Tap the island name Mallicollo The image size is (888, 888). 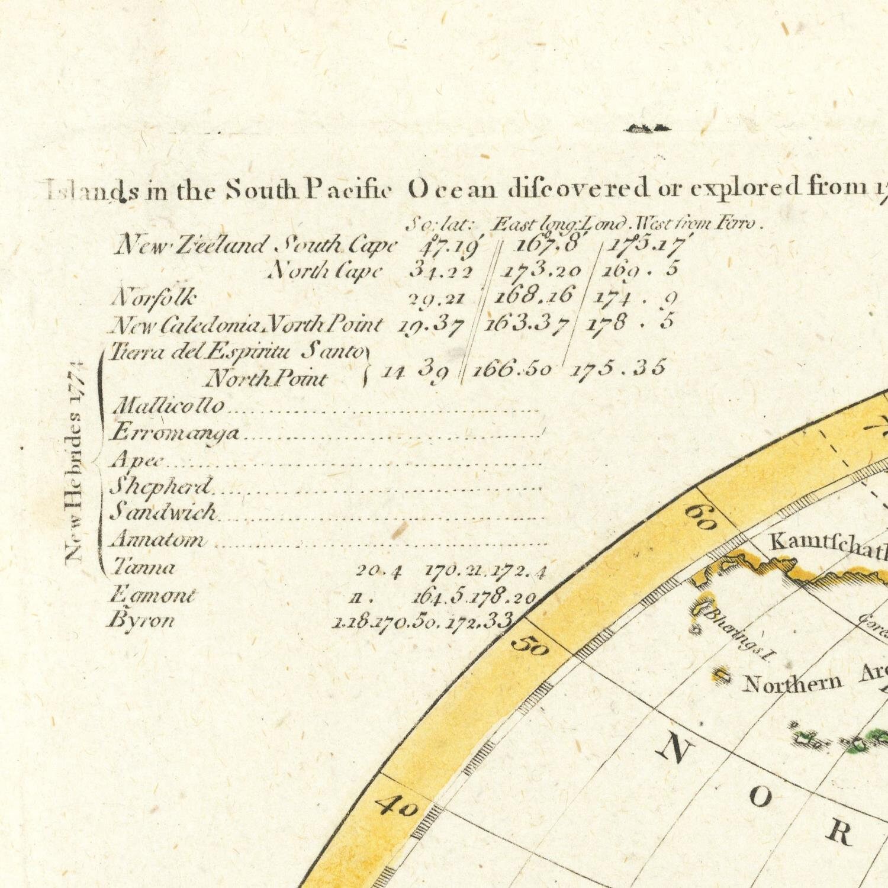click(x=169, y=406)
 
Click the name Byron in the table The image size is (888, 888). click(x=142, y=620)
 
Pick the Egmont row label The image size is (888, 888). click(x=152, y=594)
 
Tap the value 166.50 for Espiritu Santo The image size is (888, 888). click(x=512, y=369)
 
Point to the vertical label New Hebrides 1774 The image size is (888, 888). click(x=75, y=462)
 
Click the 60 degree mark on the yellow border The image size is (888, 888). click(x=701, y=517)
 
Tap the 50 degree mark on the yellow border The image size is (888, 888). click(x=530, y=645)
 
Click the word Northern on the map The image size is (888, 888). click(x=792, y=683)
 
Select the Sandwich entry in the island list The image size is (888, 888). click(x=164, y=512)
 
